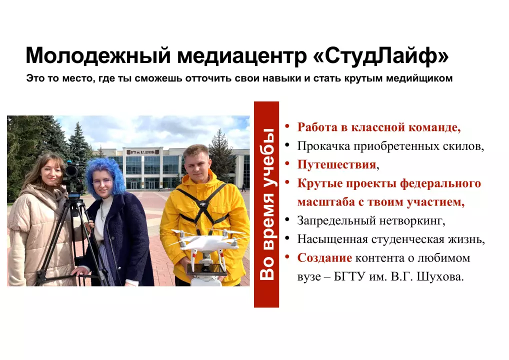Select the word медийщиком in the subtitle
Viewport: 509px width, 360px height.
[x=419, y=78]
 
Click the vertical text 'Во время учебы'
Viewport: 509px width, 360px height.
[x=267, y=204]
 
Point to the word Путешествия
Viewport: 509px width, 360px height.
[x=336, y=165]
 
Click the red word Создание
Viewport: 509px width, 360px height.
[x=324, y=258]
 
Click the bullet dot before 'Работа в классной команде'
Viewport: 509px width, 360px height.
[x=287, y=125]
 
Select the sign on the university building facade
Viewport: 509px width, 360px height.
[x=143, y=151]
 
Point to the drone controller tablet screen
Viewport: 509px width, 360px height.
[x=207, y=269]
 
